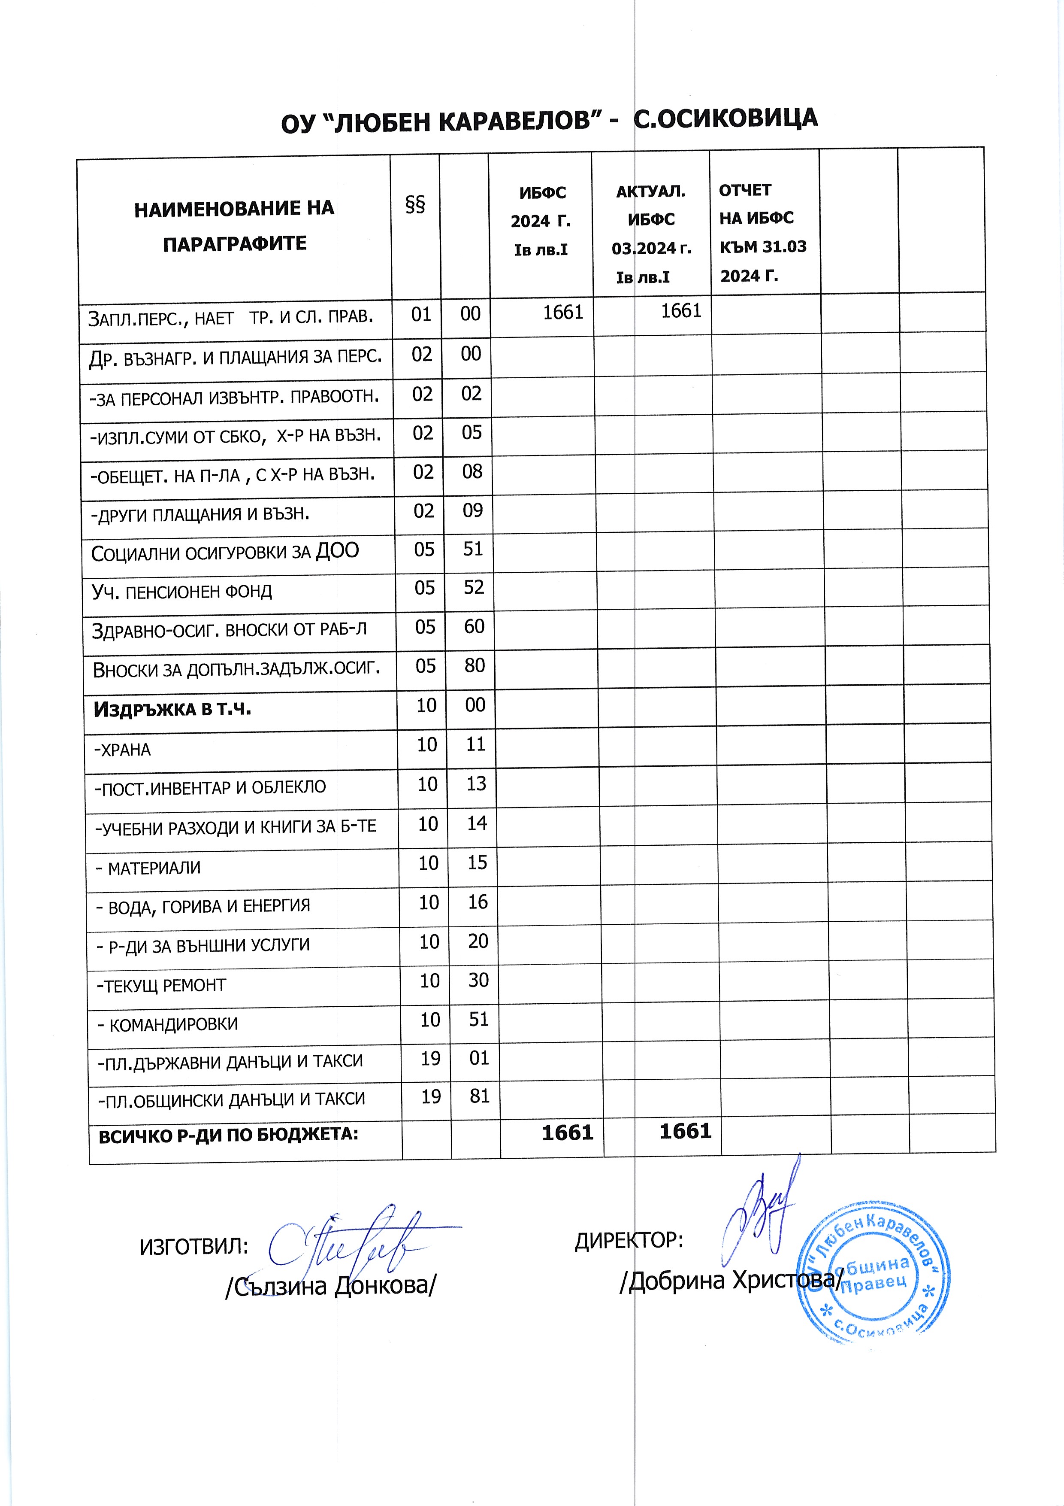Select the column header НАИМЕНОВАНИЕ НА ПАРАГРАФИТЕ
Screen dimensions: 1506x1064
(x=234, y=226)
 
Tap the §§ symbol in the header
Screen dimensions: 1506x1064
(x=415, y=204)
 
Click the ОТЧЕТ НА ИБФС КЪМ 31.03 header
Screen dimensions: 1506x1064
(x=762, y=233)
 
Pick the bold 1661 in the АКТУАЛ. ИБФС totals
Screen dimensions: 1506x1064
(x=685, y=1132)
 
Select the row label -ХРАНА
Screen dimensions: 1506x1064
(x=123, y=750)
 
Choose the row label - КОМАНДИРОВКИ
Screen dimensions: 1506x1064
(x=167, y=1025)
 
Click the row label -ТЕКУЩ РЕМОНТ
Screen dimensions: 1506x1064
(x=161, y=985)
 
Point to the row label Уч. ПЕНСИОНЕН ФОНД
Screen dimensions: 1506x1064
(x=181, y=592)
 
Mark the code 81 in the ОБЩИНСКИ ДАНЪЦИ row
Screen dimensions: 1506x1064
(x=480, y=1096)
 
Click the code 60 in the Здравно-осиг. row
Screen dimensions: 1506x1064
(x=474, y=626)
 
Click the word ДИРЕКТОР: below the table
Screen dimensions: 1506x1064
(x=629, y=1240)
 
